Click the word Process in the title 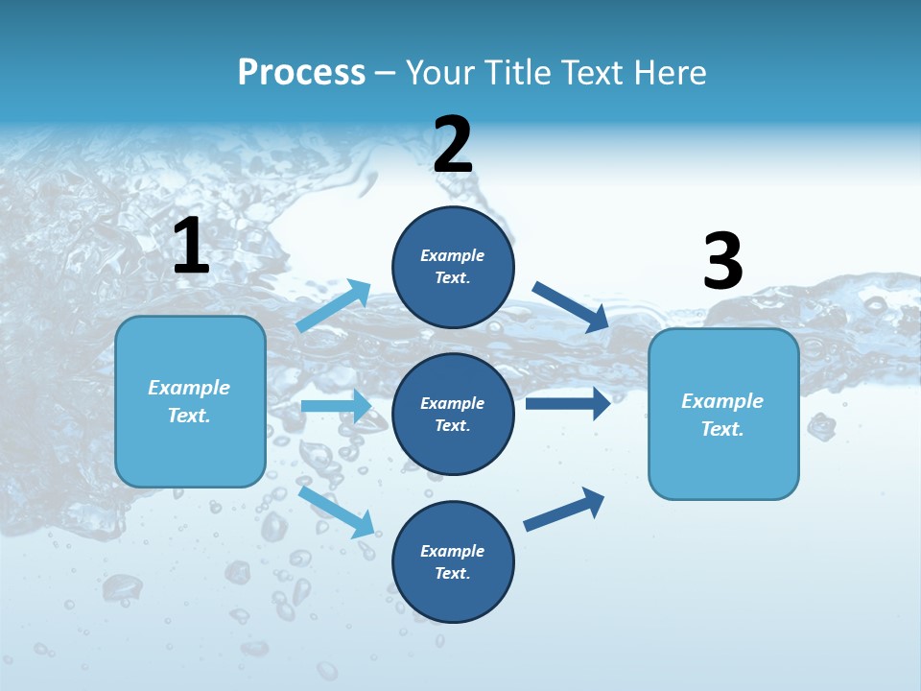tap(301, 72)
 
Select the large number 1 tap(191, 247)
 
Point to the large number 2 tap(453, 146)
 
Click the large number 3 tap(722, 263)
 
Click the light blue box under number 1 tap(190, 401)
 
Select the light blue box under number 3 tap(723, 414)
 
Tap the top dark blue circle tap(453, 267)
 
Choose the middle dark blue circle tap(453, 414)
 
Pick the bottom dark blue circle tap(453, 561)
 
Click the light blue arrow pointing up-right tap(334, 305)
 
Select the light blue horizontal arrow tap(336, 406)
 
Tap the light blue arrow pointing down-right tap(337, 511)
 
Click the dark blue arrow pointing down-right tap(570, 306)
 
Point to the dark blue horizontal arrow tap(567, 403)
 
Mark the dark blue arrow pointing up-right tap(564, 510)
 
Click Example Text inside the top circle tap(453, 267)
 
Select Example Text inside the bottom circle tap(453, 562)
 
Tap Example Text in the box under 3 tap(722, 415)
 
